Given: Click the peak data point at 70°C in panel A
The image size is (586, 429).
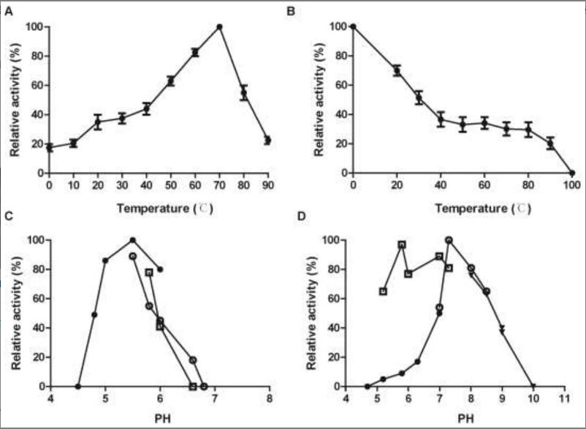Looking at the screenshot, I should coord(219,27).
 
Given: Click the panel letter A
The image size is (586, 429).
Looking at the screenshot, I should coord(9,10).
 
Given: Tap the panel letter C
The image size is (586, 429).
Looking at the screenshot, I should coord(9,217).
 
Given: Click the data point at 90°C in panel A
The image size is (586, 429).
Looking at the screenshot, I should coord(267,140).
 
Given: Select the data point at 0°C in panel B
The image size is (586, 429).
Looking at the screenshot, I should coord(353,27).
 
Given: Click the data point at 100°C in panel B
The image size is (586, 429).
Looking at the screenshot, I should coord(572,173).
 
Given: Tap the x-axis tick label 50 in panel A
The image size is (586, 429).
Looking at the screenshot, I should coord(170,186).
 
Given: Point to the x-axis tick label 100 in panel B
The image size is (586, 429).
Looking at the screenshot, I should coord(571,186).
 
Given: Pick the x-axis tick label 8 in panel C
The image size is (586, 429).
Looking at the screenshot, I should coord(270,400).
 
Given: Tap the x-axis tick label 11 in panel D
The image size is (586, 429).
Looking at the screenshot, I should coord(563,400).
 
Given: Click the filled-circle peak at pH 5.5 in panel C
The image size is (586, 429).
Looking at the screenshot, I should coord(132,239).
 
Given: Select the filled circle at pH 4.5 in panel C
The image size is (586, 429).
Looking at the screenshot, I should coord(78,386).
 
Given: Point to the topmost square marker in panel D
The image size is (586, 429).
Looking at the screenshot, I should coord(402,245).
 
